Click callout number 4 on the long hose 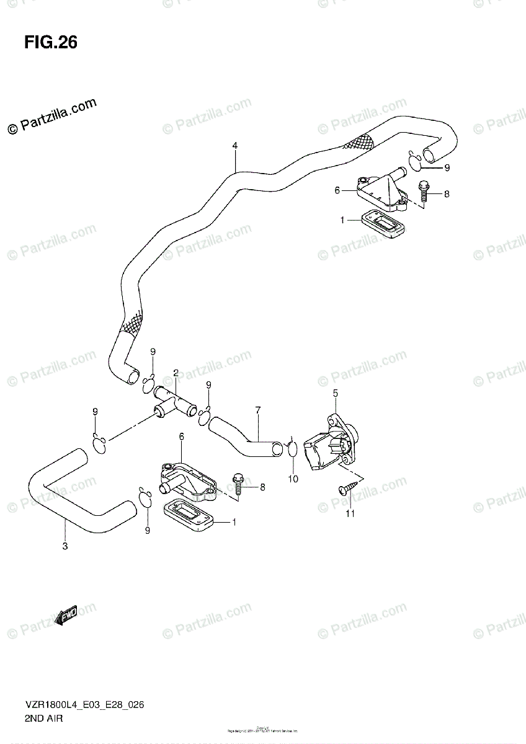(235, 146)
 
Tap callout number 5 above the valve (335, 392)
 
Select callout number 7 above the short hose (257, 410)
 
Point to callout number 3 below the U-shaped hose (65, 546)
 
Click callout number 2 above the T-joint (176, 373)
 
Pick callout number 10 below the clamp (293, 479)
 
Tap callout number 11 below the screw (350, 513)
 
